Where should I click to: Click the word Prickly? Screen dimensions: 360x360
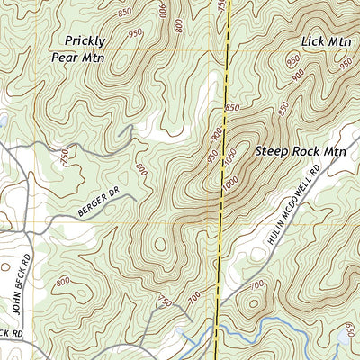85,40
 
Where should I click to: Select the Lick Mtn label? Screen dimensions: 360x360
326,41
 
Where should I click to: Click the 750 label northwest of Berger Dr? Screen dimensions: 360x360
64,157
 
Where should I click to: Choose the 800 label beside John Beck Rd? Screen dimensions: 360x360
62,283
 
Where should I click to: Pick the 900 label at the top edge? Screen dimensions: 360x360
163,8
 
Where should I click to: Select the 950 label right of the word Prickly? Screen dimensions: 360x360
135,33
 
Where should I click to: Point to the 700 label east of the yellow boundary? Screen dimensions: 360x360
256,285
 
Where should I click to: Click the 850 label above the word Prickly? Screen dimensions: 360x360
123,12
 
